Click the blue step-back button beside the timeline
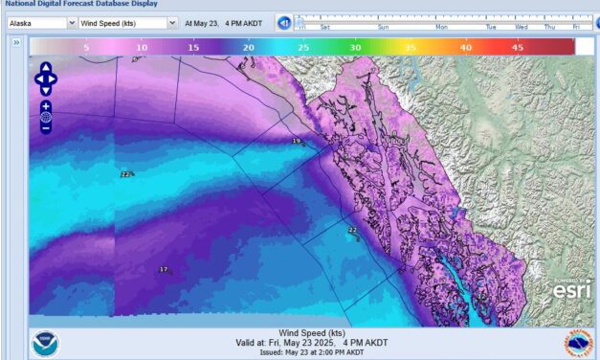pos(283,22)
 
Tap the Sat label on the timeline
pos(325,27)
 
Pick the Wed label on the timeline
pos(521,27)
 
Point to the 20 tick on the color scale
pos(249,46)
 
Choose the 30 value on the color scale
pos(355,46)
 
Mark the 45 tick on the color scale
pos(518,46)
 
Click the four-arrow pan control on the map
pos(46,79)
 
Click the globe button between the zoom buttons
pos(46,117)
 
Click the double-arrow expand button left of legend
pos(16,43)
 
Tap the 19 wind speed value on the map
pos(297,141)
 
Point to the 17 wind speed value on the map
pos(163,270)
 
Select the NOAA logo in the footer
pos(44,343)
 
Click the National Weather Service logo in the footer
pos(578,343)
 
